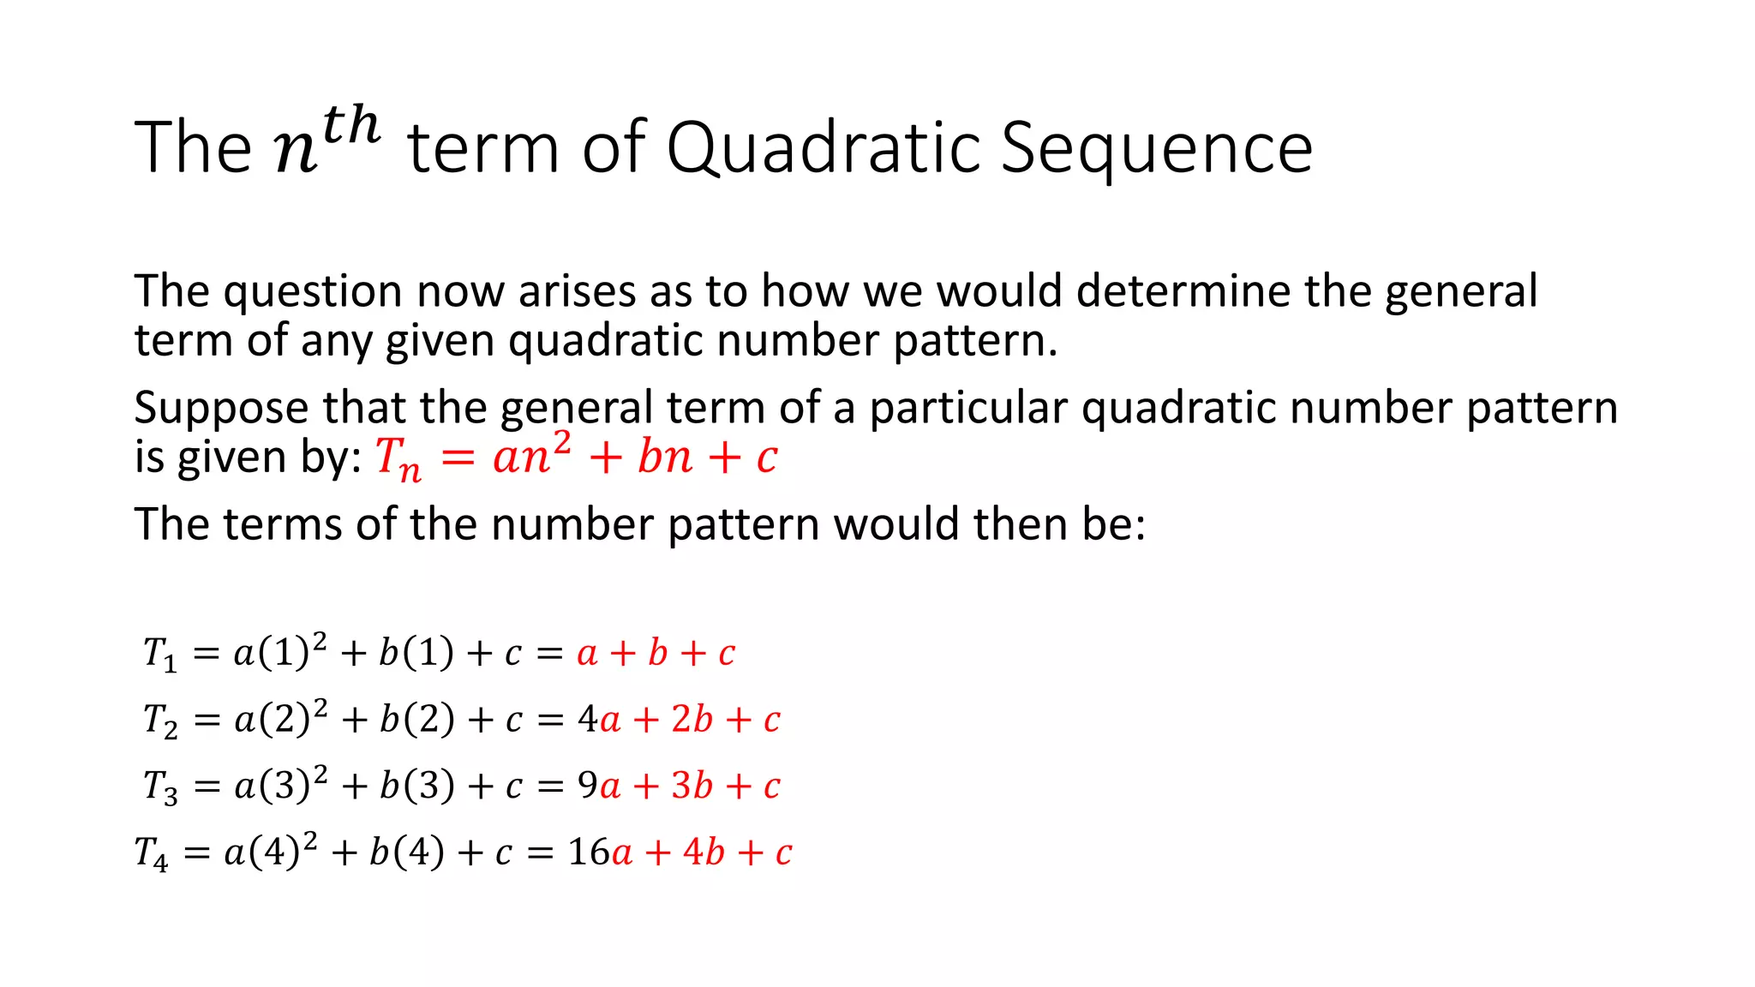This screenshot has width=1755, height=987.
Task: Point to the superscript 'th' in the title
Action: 351,125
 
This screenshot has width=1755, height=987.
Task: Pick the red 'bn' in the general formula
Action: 664,456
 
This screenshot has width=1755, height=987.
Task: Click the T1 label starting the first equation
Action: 159,654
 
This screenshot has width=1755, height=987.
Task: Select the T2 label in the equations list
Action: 160,721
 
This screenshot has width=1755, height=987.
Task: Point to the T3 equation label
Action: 160,787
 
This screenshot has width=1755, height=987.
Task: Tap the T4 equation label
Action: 151,853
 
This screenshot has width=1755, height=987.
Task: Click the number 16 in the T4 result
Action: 588,852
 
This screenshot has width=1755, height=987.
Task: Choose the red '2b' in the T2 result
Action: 692,720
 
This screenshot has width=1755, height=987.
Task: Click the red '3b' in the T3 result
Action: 692,786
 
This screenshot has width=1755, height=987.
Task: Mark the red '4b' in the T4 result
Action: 704,852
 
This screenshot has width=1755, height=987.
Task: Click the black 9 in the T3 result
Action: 588,785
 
